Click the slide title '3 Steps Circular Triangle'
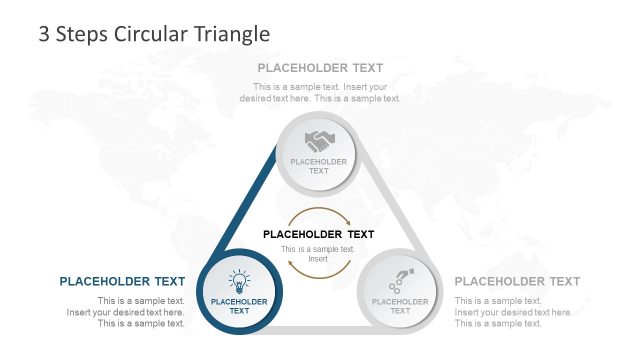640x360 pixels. coord(154,34)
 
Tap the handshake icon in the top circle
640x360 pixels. coord(319,140)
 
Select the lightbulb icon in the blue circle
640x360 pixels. coord(239,281)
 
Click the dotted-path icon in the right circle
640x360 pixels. coord(400,279)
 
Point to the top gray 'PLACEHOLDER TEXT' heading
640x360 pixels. coord(320,68)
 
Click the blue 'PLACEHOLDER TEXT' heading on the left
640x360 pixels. coord(122,281)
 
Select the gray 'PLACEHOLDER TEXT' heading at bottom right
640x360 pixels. coord(517,281)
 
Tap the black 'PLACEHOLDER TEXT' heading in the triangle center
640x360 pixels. coord(318,234)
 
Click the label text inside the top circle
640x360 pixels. coord(319,166)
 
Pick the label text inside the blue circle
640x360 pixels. coord(239,306)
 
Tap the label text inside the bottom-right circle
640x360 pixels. coord(400,306)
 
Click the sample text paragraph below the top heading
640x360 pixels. coord(320,92)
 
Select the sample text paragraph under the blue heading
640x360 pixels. coord(126,312)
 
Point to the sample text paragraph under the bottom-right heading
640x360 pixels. coord(513,312)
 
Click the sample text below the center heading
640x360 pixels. coord(318,254)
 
